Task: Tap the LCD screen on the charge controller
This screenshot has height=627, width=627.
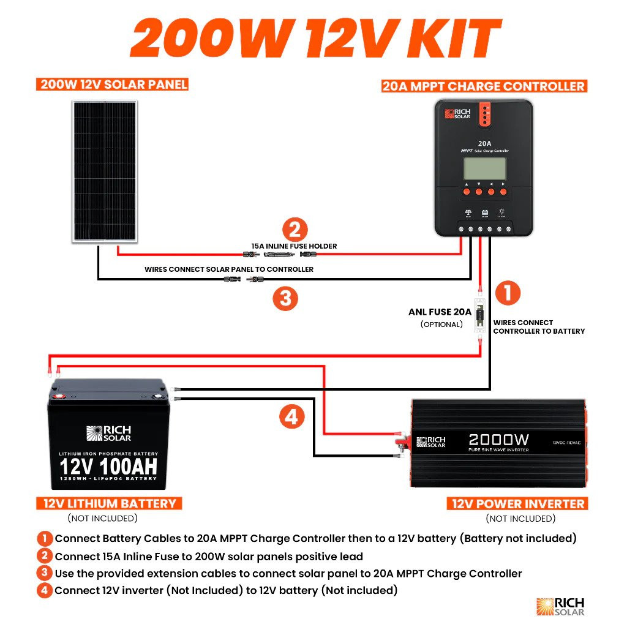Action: pos(484,168)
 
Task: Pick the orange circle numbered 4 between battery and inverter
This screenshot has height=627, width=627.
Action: pos(292,418)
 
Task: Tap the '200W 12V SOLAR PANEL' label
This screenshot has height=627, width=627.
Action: pos(114,84)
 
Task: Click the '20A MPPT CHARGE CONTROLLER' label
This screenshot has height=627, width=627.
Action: pos(483,86)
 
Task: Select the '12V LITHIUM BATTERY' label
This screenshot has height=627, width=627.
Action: pos(110,504)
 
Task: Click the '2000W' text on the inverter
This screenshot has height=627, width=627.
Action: pos(498,440)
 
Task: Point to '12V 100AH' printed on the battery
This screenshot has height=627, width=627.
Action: pos(108,467)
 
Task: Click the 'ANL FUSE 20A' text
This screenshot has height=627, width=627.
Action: pos(440,312)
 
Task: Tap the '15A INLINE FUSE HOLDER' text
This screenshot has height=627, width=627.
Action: pos(294,246)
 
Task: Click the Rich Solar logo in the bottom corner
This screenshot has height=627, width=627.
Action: pos(560,606)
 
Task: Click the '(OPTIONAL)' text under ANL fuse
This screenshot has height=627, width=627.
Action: pos(441,324)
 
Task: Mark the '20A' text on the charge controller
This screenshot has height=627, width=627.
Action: pos(484,143)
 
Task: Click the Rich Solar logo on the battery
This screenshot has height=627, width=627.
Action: pos(108,434)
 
